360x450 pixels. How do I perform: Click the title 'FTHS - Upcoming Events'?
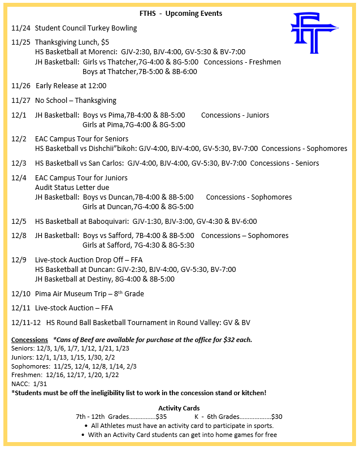coord(180,13)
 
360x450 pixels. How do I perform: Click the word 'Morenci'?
coord(105,52)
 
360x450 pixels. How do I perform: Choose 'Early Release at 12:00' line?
coord(71,86)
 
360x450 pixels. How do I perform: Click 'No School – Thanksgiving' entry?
coord(75,101)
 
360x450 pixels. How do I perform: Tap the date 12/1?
coord(19,115)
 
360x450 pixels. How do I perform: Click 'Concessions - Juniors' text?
coord(235,115)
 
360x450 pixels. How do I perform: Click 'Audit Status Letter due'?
coord(72,188)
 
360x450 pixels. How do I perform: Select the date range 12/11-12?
coord(26,323)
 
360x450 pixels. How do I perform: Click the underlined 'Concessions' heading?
coord(29,340)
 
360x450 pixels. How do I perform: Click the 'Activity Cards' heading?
coord(179,408)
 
